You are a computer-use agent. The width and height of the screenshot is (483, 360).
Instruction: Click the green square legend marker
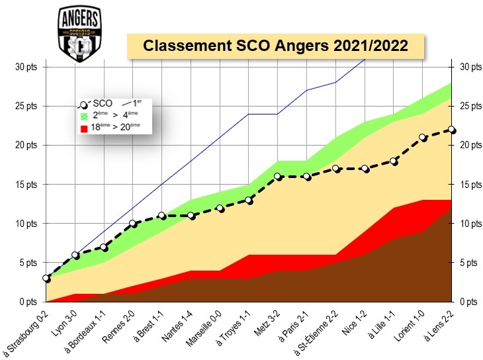click(84, 115)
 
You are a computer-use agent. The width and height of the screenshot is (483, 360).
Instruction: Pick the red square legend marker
click(84, 127)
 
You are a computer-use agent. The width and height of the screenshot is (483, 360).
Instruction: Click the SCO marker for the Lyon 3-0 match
click(75, 255)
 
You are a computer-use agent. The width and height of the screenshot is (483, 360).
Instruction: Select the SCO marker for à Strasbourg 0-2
click(46, 279)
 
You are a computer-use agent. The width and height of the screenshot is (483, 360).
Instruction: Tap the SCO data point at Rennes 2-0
click(133, 224)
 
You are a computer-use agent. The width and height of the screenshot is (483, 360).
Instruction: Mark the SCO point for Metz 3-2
click(277, 177)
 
